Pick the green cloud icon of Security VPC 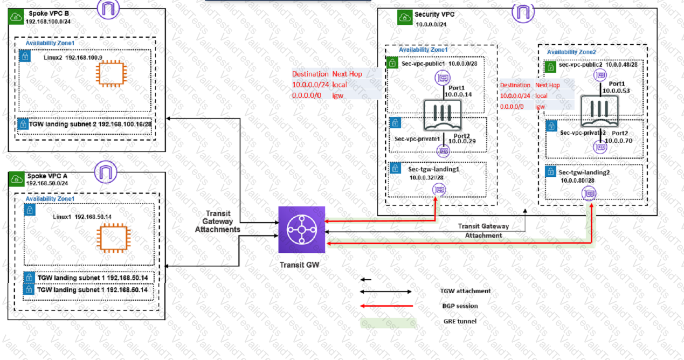[x=404, y=17]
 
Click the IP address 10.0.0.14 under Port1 [x=458, y=94]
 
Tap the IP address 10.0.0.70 [x=619, y=141]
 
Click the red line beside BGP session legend [x=386, y=306]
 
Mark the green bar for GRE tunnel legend [x=388, y=322]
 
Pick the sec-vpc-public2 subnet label [x=579, y=65]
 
